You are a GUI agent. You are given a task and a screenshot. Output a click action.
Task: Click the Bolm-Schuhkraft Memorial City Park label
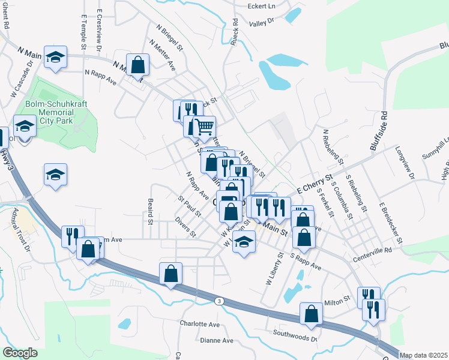[56, 112]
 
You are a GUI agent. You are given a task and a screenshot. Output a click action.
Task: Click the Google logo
[19, 353]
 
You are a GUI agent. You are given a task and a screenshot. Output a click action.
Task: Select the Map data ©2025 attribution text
[423, 355]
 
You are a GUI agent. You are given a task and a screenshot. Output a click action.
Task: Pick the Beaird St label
[149, 212]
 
